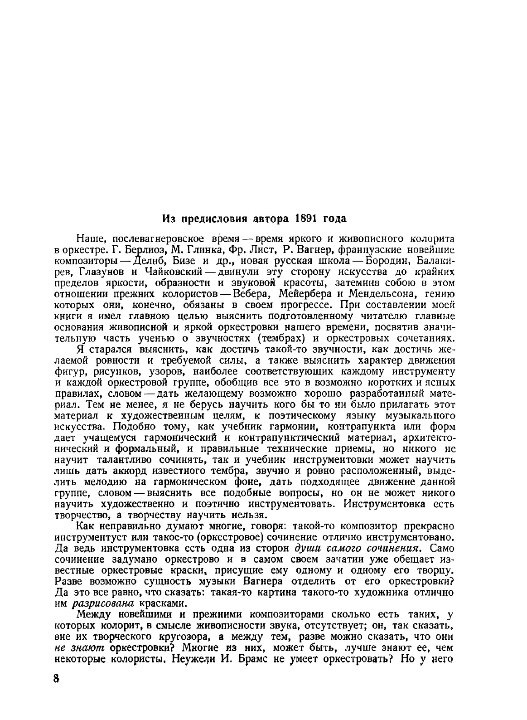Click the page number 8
pyautogui.click(x=56, y=691)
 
